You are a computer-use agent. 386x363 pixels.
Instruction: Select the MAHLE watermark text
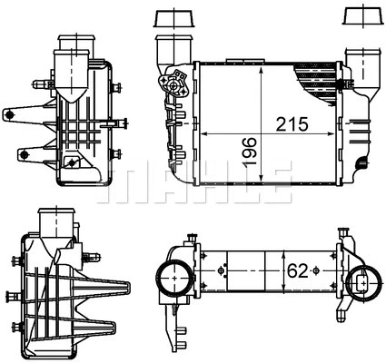193,181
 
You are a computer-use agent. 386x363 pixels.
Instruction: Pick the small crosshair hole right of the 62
314,270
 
